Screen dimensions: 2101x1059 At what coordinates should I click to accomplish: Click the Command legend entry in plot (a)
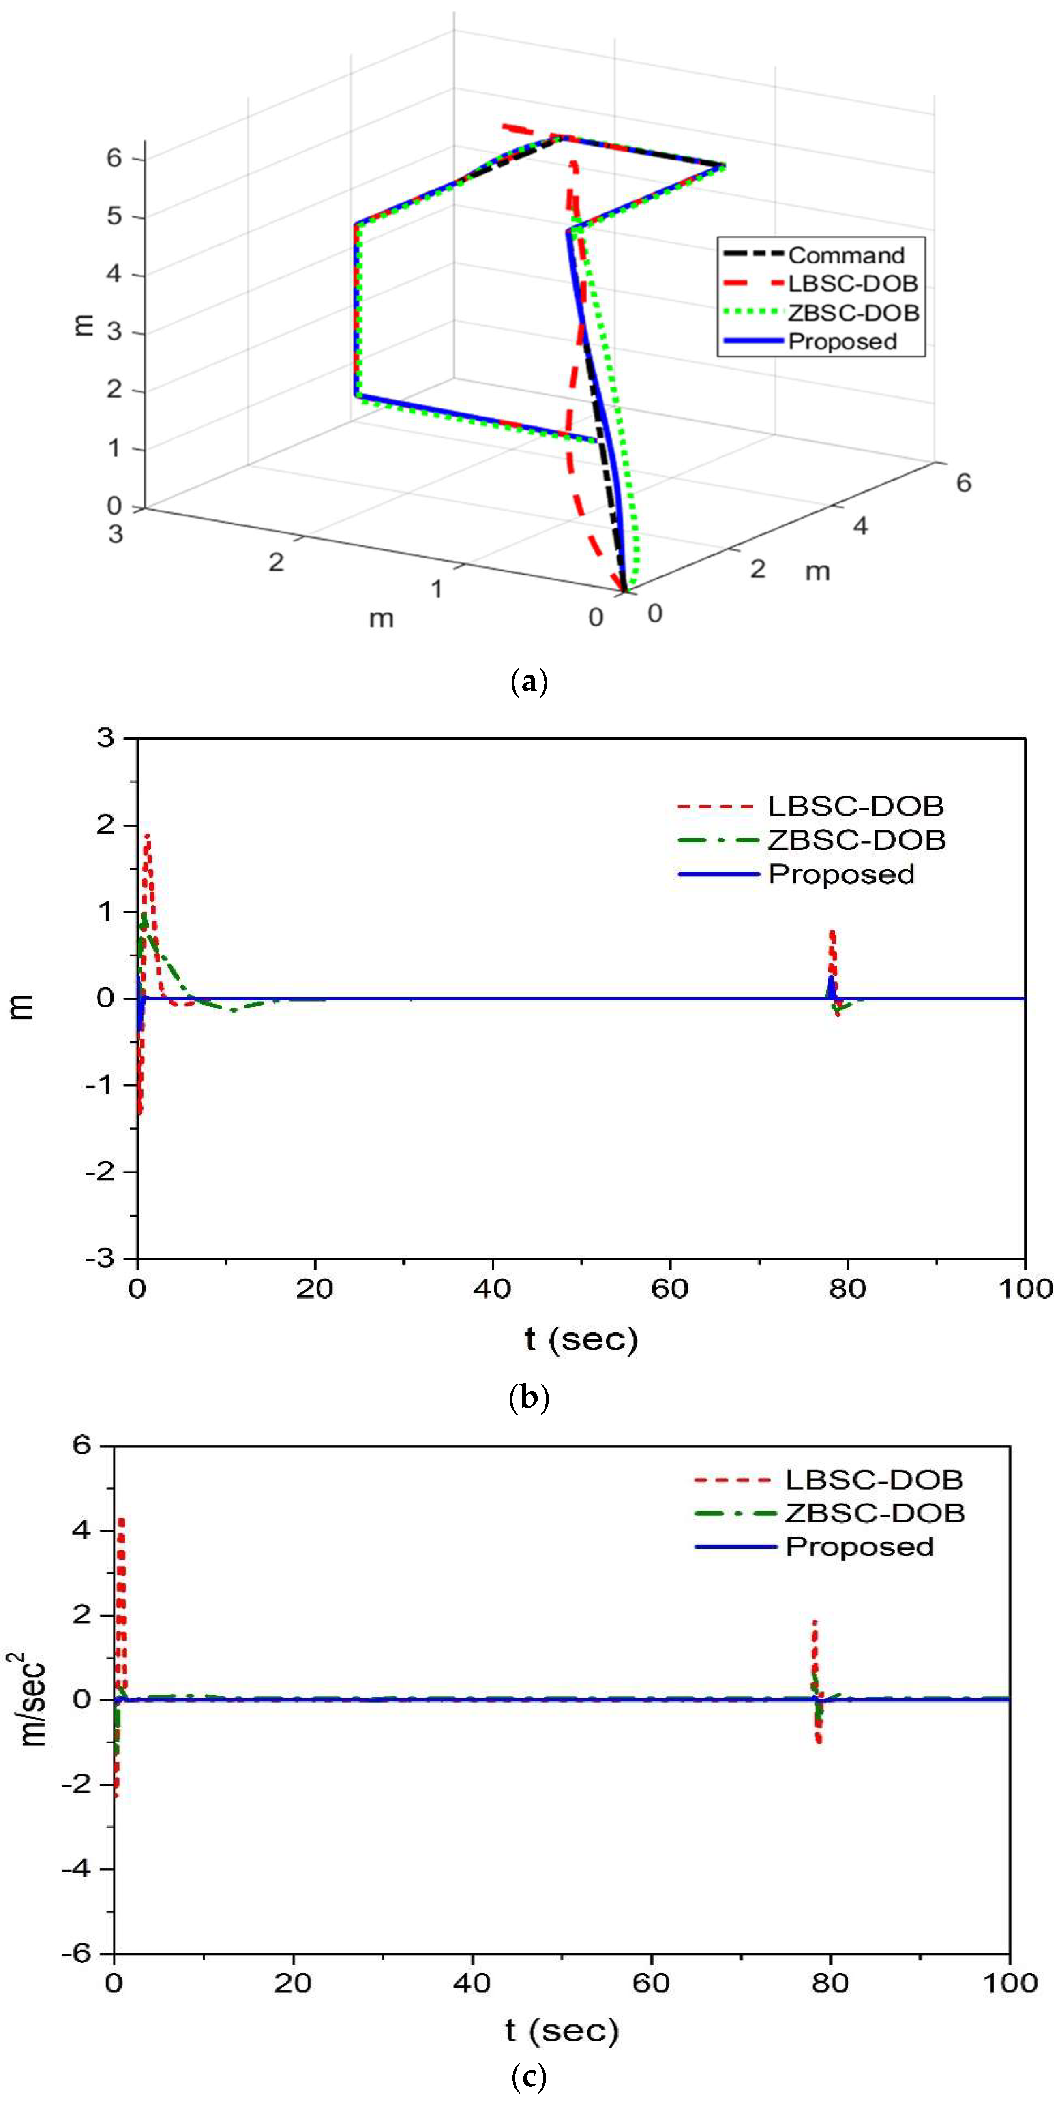click(x=845, y=255)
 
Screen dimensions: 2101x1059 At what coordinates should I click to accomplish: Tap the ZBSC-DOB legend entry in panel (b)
click(x=856, y=840)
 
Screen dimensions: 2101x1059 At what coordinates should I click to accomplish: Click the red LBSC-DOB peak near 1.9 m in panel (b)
click(x=148, y=836)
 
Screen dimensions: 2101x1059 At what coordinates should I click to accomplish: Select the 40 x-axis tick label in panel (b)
click(x=492, y=1289)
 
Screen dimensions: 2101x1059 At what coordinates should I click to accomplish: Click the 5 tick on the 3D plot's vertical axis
click(x=114, y=216)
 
